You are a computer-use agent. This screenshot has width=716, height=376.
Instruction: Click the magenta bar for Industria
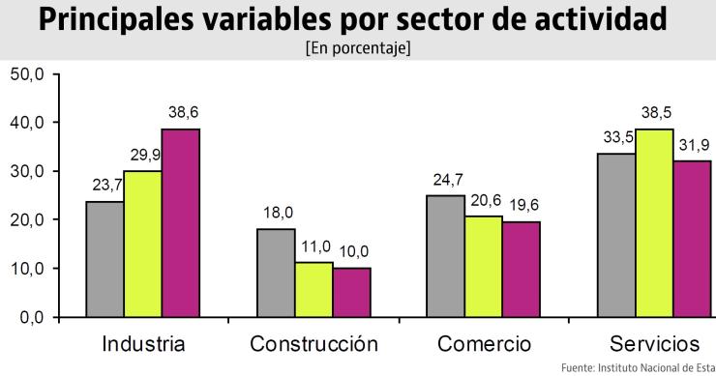[x=180, y=223]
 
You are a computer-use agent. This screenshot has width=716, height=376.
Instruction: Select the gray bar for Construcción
[x=276, y=273]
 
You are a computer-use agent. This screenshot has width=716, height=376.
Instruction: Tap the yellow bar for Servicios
[x=655, y=223]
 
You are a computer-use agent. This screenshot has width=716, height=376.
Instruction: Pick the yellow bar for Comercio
[x=485, y=267]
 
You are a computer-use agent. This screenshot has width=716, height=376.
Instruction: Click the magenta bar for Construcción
[x=351, y=292]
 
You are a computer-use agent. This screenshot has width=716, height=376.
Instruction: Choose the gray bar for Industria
[x=104, y=259]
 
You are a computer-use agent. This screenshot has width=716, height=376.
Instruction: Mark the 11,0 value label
[x=313, y=247]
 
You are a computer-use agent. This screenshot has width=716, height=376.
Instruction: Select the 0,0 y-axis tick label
[x=30, y=317]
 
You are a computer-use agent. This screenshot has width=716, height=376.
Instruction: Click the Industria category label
[x=143, y=344]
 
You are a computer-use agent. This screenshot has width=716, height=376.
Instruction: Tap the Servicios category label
[x=655, y=344]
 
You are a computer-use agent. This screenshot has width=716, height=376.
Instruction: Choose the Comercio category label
[x=484, y=344]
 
